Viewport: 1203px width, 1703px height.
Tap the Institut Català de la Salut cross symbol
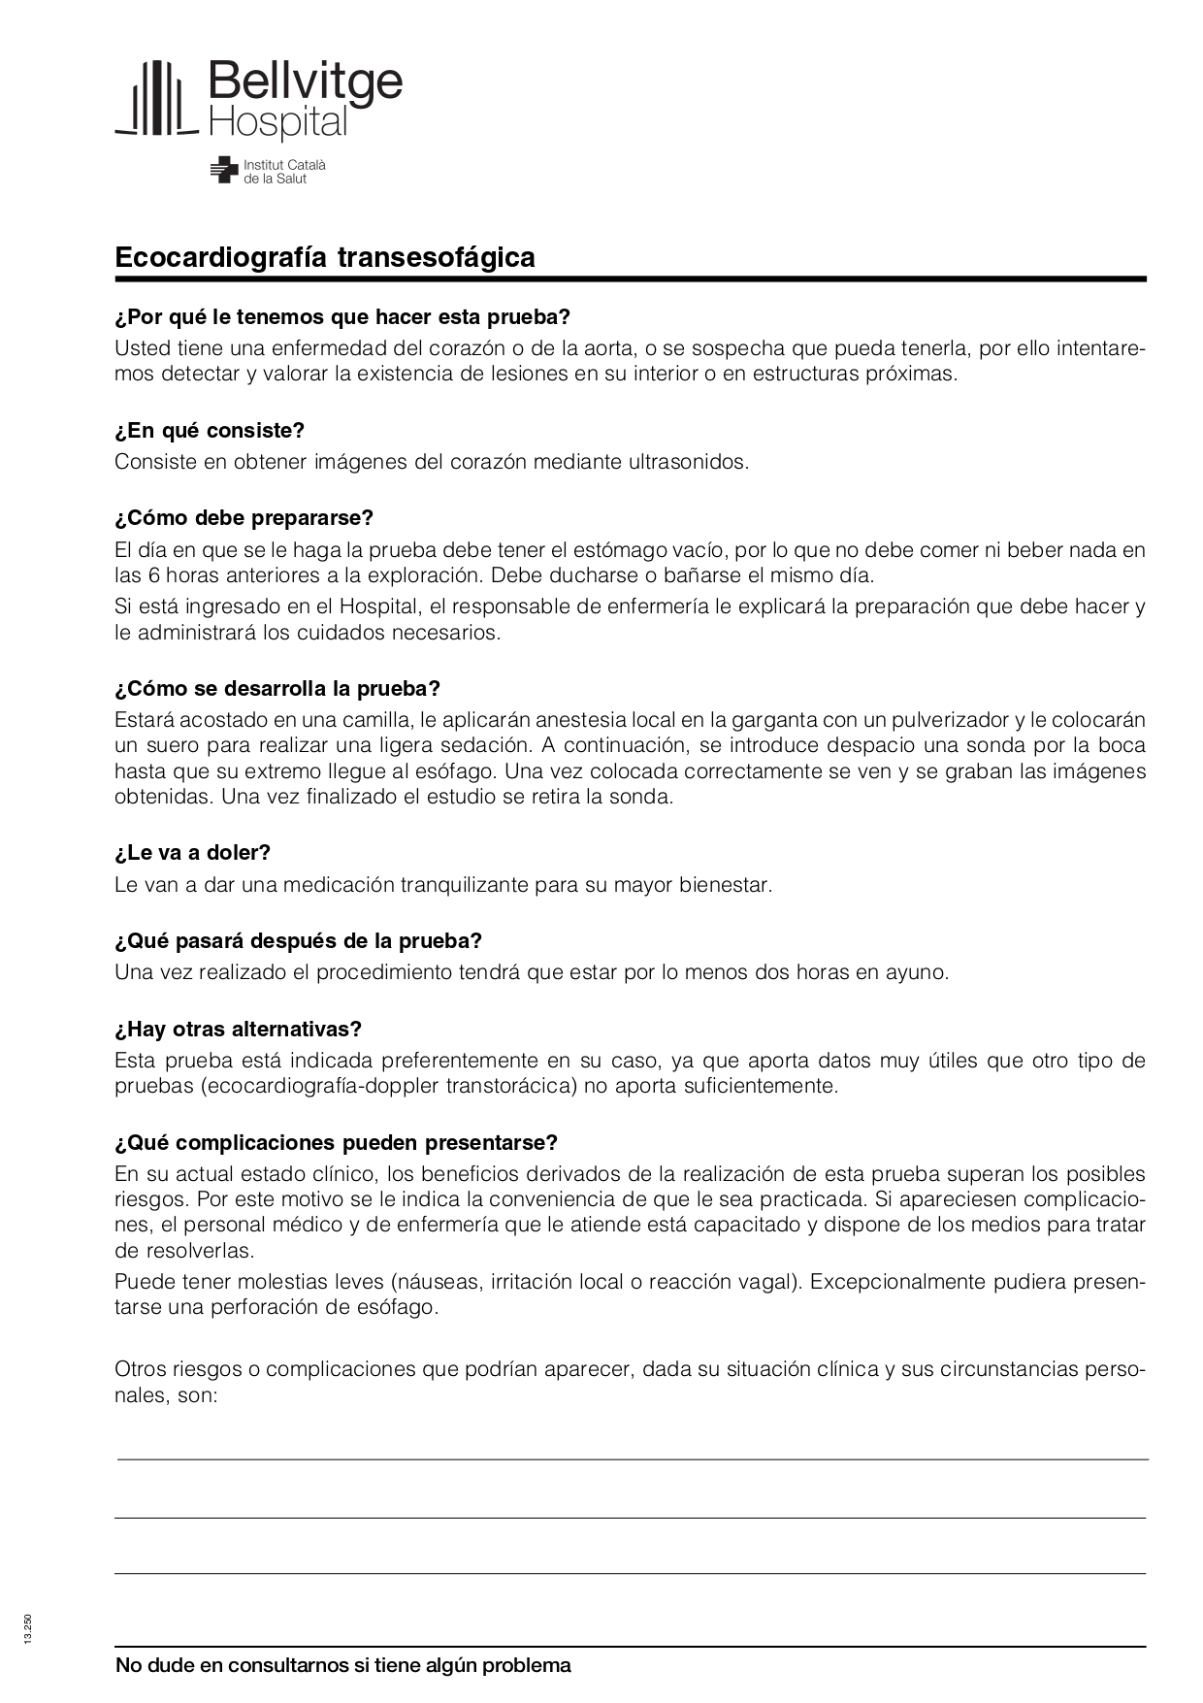[224, 170]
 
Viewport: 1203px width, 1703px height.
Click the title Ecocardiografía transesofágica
[325, 257]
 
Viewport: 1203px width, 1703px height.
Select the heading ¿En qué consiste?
[210, 430]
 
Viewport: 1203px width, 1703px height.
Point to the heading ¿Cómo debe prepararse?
[244, 517]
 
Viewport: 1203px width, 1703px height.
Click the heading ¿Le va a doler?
[192, 852]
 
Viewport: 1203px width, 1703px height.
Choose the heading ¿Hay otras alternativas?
[238, 1029]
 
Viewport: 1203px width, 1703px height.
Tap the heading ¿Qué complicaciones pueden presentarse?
[336, 1142]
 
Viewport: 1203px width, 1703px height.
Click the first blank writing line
[631, 1457]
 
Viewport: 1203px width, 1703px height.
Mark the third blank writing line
[631, 1572]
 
